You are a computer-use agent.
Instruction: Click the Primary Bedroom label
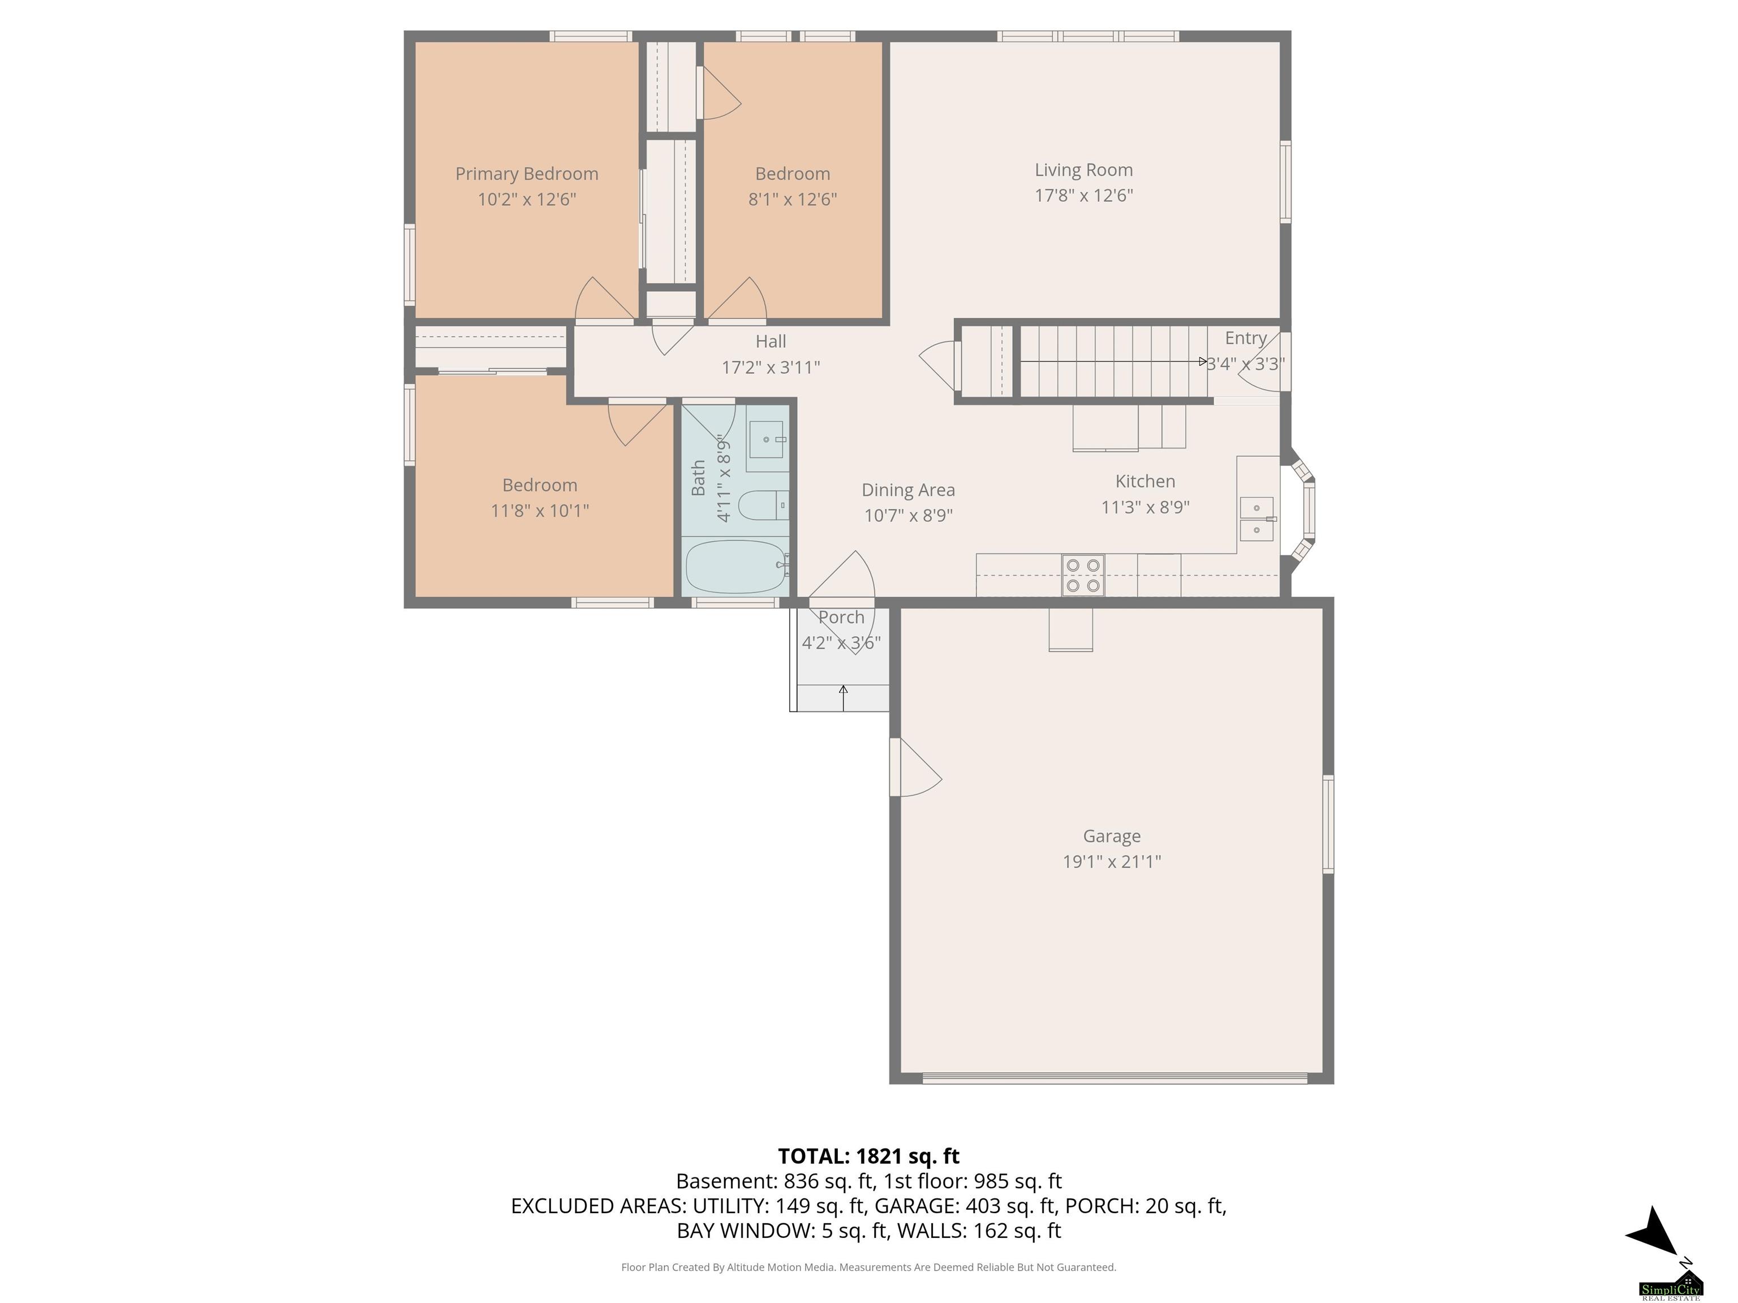526,174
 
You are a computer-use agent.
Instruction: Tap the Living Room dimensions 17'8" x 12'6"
1083,196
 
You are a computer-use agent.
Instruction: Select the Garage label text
1112,836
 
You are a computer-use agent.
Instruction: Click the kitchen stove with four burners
1083,575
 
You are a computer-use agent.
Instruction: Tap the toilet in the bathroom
764,505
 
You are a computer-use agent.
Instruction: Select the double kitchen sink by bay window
1257,519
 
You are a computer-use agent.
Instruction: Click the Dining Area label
908,490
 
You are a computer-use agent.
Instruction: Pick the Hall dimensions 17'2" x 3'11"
771,368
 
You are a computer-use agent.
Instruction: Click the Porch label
841,618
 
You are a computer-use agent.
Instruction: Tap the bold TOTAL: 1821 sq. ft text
868,1156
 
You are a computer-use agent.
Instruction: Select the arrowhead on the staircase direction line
1203,362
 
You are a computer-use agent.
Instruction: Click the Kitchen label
1145,481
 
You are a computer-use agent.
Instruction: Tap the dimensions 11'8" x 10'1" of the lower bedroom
540,511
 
